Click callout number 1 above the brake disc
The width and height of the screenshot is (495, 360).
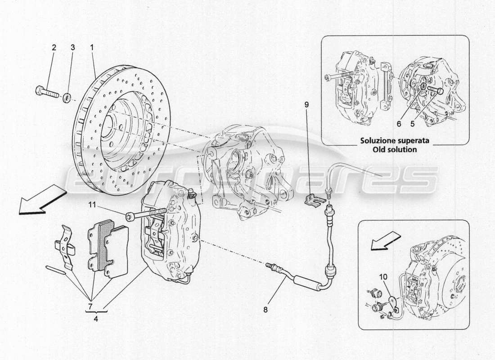coord(92,47)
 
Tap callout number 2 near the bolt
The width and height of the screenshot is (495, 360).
coord(54,47)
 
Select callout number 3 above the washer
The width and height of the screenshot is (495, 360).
coord(72,47)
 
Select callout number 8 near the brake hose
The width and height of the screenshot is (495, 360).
coord(265,310)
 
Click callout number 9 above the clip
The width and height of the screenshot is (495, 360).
coord(306,105)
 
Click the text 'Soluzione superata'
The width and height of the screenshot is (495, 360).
coord(395,140)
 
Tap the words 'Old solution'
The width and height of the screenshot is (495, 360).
coord(395,149)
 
